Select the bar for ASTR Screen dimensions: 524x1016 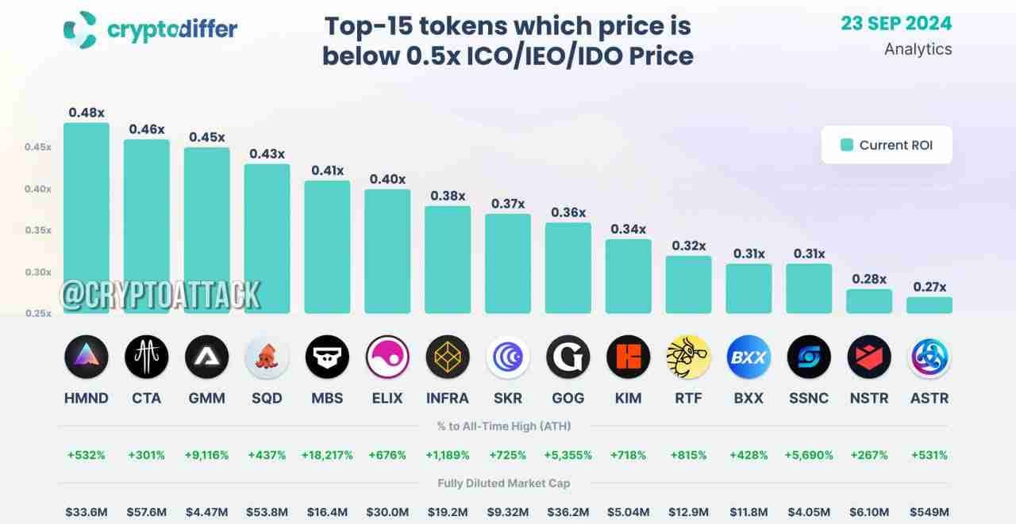click(929, 305)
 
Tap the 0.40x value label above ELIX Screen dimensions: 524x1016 click(387, 179)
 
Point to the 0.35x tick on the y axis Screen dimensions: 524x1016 click(38, 230)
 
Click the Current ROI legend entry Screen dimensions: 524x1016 click(886, 145)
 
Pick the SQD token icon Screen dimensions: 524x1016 click(267, 357)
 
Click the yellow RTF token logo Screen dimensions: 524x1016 click(688, 357)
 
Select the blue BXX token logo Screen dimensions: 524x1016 click(749, 357)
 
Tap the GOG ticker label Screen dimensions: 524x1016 click(568, 398)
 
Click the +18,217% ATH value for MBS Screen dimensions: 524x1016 click(327, 455)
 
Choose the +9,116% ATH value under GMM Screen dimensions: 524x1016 click(206, 455)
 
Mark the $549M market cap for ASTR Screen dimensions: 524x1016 click(929, 512)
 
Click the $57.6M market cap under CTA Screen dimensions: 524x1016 click(147, 512)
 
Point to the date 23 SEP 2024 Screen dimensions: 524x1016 click(896, 23)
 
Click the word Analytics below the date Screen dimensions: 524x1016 click(918, 49)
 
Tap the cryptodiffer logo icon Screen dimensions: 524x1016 click(79, 29)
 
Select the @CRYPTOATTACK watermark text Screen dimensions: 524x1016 click(160, 295)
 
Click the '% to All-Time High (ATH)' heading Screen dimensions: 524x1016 click(503, 426)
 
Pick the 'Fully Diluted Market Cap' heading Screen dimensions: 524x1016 click(503, 483)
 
